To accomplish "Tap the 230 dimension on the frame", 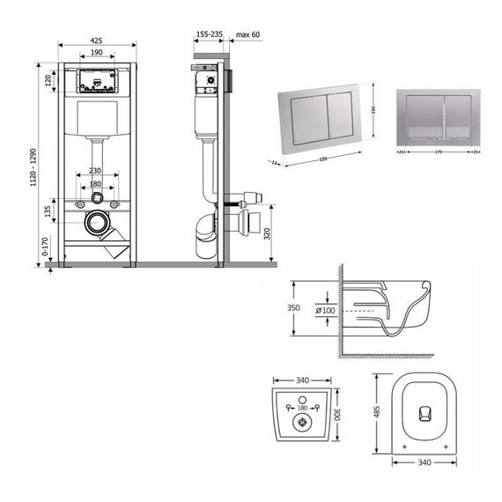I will pyautogui.click(x=96, y=171).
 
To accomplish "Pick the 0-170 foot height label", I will pyautogui.click(x=47, y=249).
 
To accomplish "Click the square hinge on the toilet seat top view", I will pyautogui.click(x=424, y=413).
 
